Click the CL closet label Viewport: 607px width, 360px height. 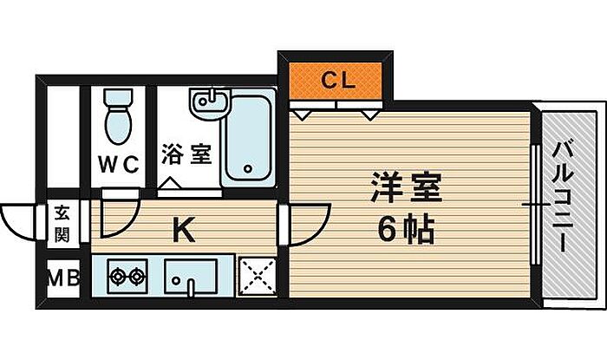(x=337, y=82)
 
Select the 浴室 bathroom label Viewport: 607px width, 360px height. (x=186, y=156)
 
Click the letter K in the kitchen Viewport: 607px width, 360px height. (x=182, y=230)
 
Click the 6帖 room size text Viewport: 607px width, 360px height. (x=406, y=229)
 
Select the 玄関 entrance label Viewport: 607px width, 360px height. (x=63, y=222)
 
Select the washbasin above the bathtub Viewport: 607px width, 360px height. (x=209, y=102)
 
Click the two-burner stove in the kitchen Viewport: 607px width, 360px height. (x=127, y=278)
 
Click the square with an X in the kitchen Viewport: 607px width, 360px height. (x=257, y=278)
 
